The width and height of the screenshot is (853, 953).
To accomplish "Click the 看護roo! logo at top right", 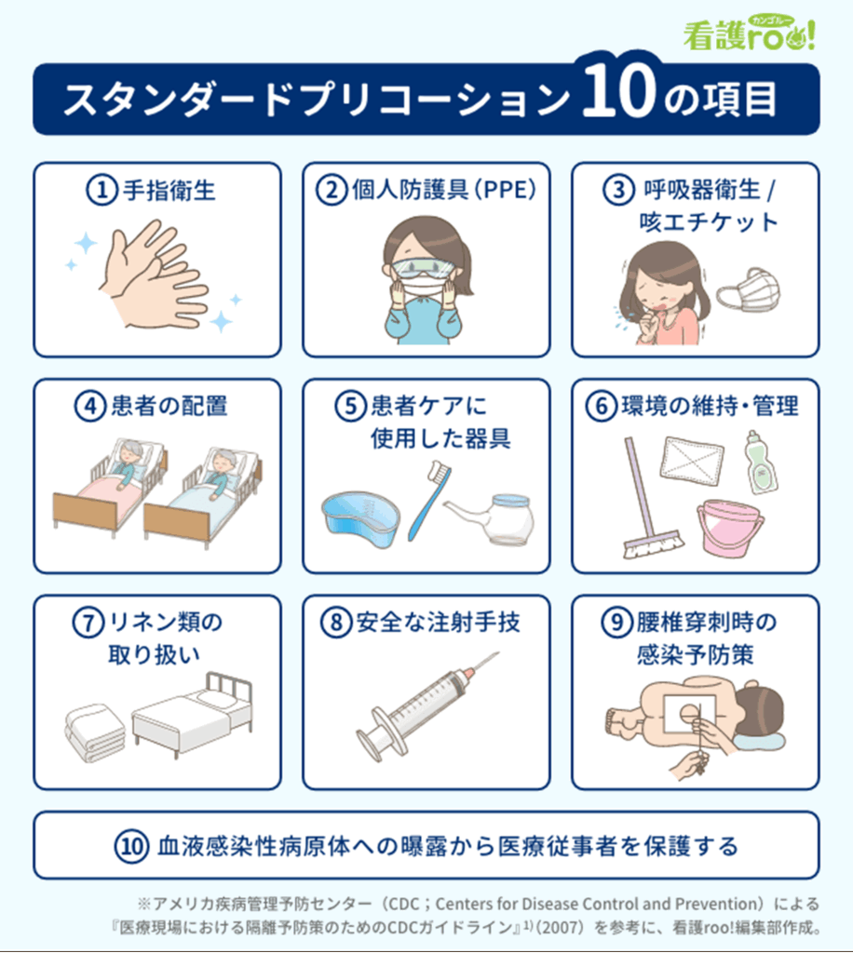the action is tap(749, 34).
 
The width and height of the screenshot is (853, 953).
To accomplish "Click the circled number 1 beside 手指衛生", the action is tap(102, 190).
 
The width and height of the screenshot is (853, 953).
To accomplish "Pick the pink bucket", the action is tap(729, 527).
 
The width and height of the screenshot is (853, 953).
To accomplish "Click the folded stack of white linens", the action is tap(95, 733).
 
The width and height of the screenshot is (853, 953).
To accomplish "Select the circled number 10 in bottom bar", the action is tap(131, 845).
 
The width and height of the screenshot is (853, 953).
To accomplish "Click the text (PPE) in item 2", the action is tap(506, 190).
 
